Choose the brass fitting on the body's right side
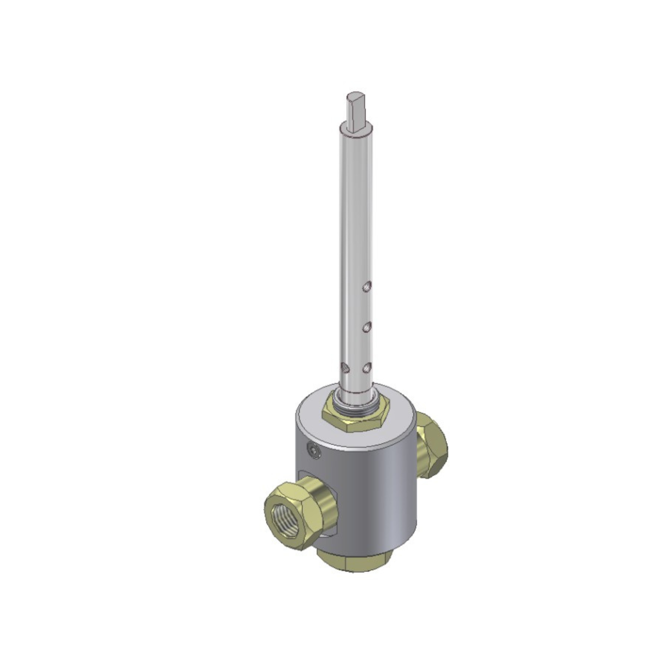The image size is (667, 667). point(432,445)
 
